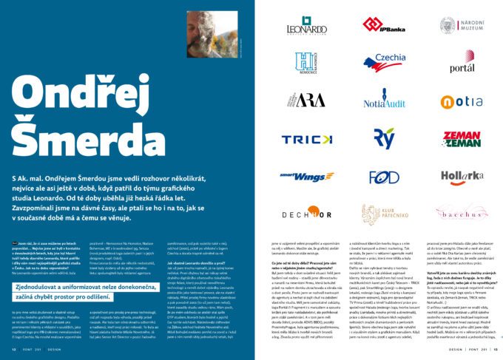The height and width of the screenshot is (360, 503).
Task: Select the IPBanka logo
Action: pyautogui.click(x=383, y=24)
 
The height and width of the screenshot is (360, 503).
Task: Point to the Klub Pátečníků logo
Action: pyautogui.click(x=383, y=214)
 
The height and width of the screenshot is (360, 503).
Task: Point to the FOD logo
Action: pyautogui.click(x=383, y=177)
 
